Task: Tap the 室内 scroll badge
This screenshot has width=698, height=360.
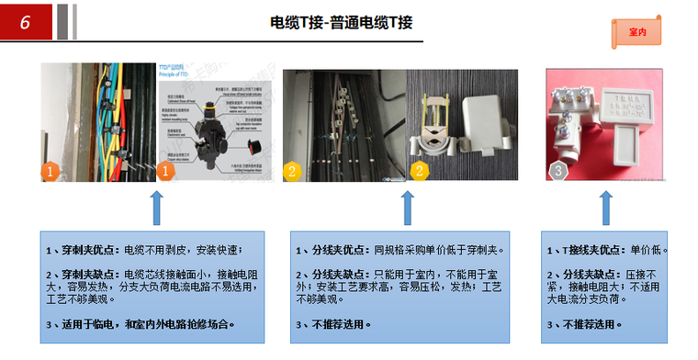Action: pos(637,31)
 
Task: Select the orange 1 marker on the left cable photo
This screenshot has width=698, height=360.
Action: pos(52,170)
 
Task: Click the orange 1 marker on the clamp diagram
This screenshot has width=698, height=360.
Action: pos(166,170)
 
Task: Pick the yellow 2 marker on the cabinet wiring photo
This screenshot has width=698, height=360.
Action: pos(292,170)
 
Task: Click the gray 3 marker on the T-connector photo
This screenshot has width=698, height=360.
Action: pos(557,170)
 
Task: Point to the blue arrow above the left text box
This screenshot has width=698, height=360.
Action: pos(157,208)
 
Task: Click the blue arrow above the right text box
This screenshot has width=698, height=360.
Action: pos(605,208)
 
